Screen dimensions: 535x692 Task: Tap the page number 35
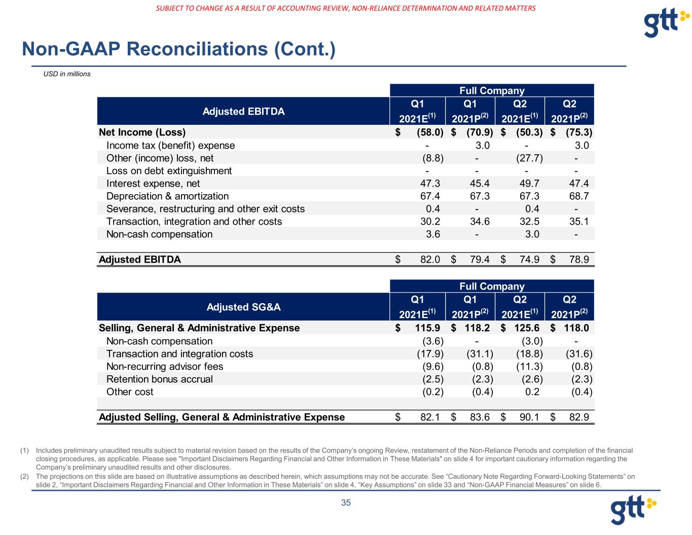tap(346, 503)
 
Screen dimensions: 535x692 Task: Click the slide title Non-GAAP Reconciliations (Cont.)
tap(178, 49)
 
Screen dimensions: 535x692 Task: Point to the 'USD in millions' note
tap(67, 74)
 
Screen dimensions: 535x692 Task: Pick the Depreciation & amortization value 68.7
tap(578, 196)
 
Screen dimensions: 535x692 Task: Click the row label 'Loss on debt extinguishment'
tap(169, 171)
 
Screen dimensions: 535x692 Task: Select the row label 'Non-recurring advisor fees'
tap(165, 367)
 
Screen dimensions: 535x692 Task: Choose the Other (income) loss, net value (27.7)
tap(529, 158)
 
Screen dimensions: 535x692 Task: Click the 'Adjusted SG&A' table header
tap(243, 307)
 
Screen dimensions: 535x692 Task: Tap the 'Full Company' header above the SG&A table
tap(492, 287)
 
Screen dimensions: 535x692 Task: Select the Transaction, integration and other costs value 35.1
tap(578, 222)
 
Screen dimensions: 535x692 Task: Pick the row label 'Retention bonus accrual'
tap(160, 379)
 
